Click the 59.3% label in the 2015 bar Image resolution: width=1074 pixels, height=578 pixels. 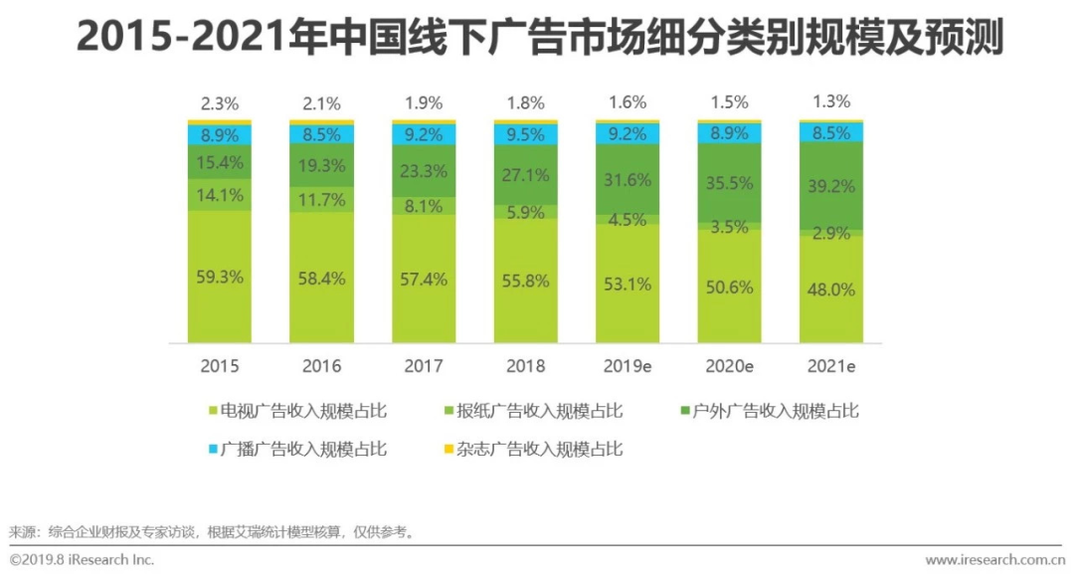pyautogui.click(x=220, y=278)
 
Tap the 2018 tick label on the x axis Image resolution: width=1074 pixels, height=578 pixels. pyautogui.click(x=526, y=366)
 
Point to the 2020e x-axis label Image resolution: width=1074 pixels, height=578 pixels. pyautogui.click(x=729, y=366)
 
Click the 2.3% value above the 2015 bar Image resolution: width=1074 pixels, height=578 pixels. pyautogui.click(x=220, y=102)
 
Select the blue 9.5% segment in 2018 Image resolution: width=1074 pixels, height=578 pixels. pyautogui.click(x=526, y=134)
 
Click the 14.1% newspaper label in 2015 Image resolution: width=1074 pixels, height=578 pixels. pyautogui.click(x=220, y=195)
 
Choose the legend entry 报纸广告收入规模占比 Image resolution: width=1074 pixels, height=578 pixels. pyautogui.click(x=537, y=411)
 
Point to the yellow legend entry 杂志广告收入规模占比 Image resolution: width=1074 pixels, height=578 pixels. pyautogui.click(x=537, y=449)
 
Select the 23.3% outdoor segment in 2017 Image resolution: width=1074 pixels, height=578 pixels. pyautogui.click(x=423, y=171)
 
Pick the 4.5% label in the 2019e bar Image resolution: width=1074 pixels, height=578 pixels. pyautogui.click(x=627, y=220)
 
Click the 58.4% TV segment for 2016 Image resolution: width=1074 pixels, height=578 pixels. pyautogui.click(x=321, y=279)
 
